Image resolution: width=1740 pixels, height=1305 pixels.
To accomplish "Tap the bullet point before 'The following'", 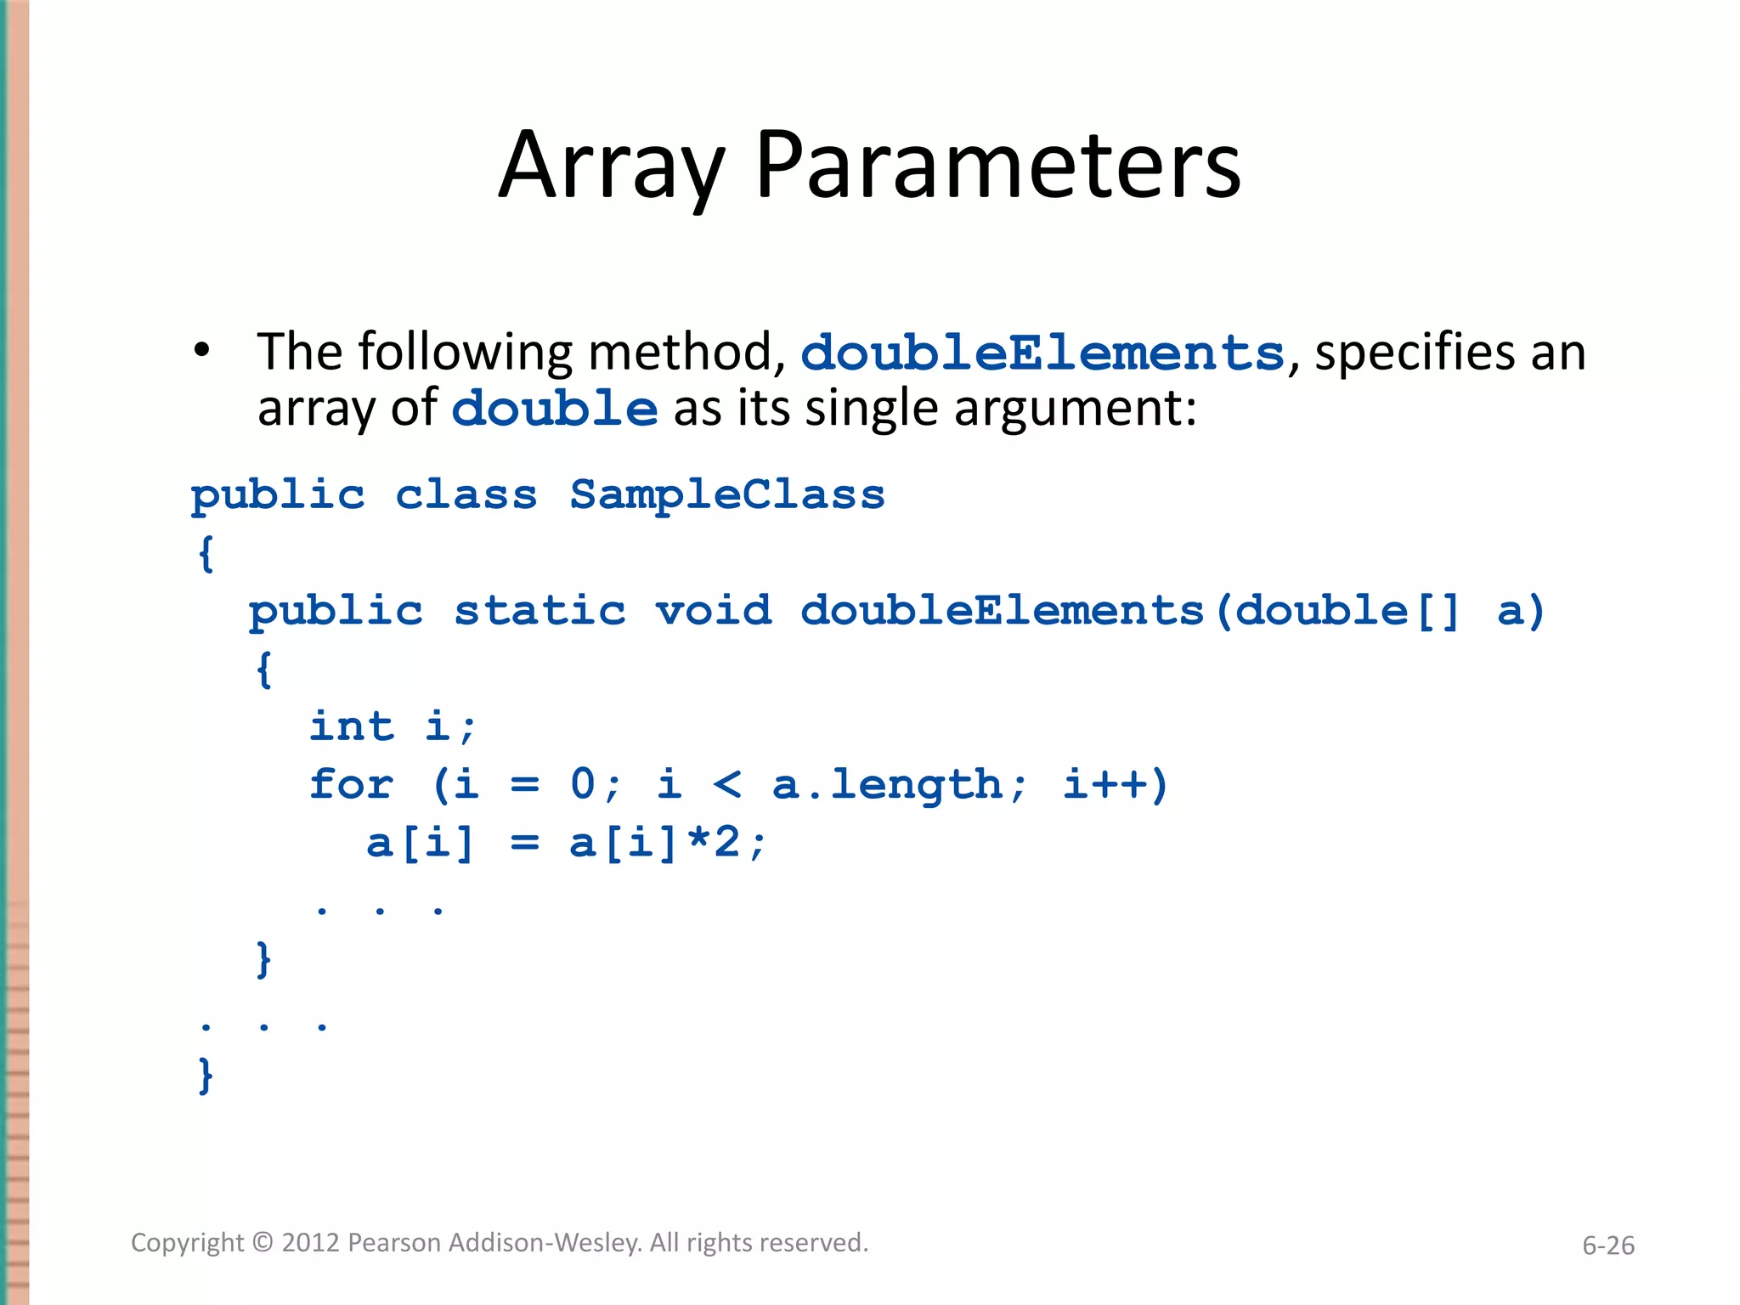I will (201, 350).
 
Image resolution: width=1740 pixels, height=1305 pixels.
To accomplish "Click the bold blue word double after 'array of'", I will (554, 409).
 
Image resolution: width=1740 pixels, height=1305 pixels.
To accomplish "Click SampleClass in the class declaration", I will (726, 494).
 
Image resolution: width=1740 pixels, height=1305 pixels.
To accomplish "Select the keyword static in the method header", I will (540, 611).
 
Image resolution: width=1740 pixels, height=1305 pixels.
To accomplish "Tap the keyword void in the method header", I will (713, 611).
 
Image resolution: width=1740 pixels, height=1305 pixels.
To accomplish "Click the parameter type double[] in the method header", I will (1347, 611).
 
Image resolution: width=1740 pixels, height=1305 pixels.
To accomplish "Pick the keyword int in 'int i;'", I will (351, 726).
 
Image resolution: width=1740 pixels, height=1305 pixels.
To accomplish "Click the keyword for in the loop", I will (351, 783).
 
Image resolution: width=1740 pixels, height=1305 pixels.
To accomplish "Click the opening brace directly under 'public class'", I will (206, 554).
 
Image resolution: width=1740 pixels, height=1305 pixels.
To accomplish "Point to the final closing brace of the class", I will (206, 1076).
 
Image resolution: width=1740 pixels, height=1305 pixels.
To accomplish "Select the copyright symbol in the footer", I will (263, 1243).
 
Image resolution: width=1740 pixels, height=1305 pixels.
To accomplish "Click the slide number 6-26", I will (1607, 1246).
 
